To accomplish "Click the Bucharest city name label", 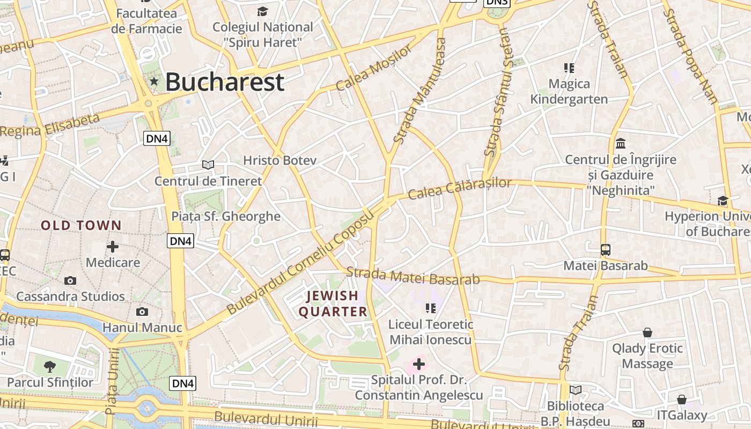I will pos(224,82).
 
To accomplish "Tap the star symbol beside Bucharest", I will pos(154,82).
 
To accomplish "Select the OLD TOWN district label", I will pos(82,226).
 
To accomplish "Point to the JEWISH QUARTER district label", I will pos(333,304).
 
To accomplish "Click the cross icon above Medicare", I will pos(113,247).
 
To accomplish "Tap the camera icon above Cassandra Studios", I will pos(70,280).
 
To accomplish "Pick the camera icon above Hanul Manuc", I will pos(142,312).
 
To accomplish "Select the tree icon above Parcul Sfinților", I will pos(50,367).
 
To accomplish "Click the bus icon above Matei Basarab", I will pos(606,250).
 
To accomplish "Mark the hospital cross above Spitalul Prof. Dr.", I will pos(418,365).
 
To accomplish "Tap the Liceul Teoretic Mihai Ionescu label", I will pos(431,332).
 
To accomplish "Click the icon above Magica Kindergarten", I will pos(569,68).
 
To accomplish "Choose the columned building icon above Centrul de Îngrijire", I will pos(621,143).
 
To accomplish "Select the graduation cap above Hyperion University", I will pos(723,201).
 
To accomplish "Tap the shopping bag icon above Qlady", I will pos(647,332).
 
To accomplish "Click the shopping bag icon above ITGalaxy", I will pos(681,400).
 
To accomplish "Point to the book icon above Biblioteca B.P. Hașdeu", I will pos(576,390).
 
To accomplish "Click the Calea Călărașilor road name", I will pos(460,188).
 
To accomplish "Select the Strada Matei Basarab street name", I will pos(413,276).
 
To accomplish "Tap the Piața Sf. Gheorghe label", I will pos(226,217).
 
